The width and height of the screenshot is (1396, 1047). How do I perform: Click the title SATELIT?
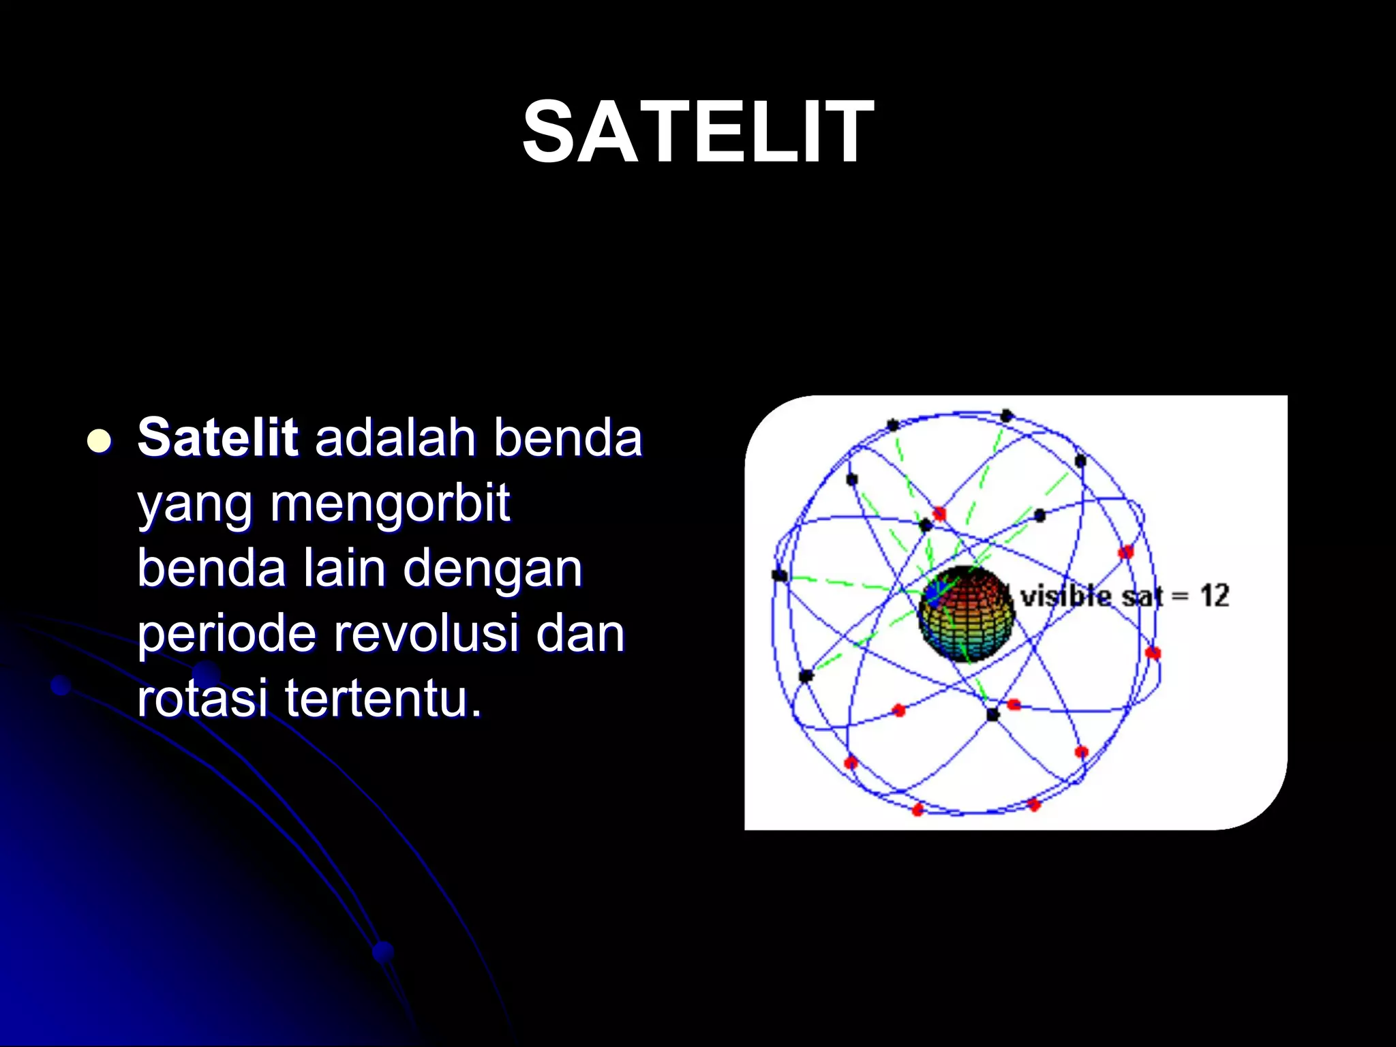point(697,132)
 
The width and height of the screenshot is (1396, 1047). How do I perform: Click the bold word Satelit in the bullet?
point(217,437)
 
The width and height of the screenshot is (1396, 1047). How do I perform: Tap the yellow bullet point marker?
point(100,441)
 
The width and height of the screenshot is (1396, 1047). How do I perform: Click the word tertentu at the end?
point(383,699)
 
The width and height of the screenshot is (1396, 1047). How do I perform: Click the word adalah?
point(395,437)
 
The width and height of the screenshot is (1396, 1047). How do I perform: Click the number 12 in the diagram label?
point(1214,596)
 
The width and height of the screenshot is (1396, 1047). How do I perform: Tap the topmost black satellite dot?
point(1006,415)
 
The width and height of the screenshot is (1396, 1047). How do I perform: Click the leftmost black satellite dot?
point(779,575)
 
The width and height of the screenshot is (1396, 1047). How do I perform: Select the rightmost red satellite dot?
point(1153,653)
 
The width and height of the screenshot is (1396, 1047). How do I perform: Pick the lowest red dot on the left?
point(917,809)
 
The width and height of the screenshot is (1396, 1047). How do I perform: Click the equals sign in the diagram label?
point(1180,597)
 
